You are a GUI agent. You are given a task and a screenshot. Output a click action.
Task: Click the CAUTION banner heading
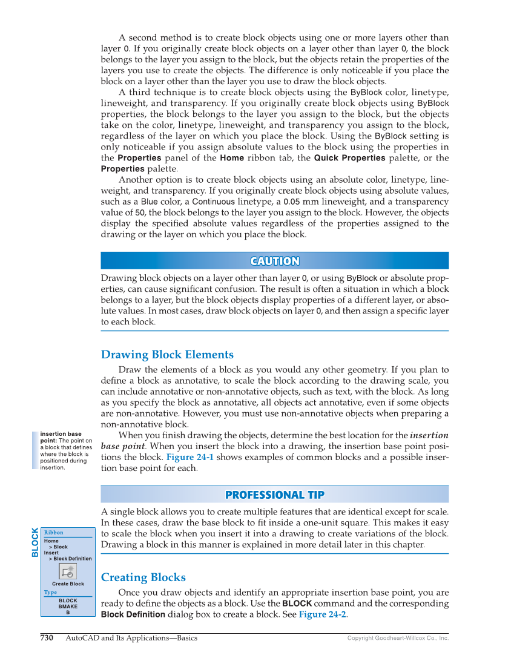274,261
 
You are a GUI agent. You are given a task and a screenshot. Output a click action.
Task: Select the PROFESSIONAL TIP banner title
274,495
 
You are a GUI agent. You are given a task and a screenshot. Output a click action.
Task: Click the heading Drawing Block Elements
167,354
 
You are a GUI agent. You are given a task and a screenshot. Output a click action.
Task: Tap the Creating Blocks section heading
143,577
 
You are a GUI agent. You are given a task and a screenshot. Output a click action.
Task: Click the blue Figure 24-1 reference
189,457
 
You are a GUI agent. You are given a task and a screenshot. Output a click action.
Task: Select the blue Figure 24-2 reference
322,614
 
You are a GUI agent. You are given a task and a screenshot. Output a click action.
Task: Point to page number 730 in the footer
47,637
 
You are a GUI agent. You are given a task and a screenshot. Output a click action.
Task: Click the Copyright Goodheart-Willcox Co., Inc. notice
398,638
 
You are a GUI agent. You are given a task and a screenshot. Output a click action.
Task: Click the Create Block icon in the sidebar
68,571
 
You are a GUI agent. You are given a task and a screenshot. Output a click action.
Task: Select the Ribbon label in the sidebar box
53,533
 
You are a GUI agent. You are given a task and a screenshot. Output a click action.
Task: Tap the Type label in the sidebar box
50,593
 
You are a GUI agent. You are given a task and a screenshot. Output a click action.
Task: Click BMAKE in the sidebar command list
68,606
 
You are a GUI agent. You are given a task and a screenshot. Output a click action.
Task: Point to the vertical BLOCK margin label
35,542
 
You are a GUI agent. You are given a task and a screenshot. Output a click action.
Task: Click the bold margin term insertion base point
61,438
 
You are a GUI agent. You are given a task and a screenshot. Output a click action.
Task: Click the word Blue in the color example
149,202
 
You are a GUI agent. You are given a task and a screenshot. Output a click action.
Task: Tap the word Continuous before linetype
213,202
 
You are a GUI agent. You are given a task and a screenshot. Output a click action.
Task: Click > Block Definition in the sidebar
70,559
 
